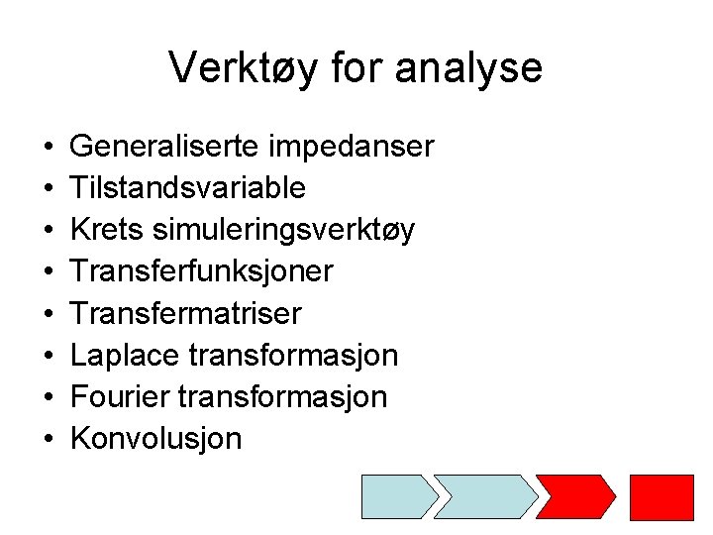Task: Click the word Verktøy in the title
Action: click(x=234, y=68)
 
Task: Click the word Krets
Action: click(x=108, y=230)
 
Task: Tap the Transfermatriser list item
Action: click(x=186, y=314)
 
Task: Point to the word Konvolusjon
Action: click(x=156, y=439)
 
